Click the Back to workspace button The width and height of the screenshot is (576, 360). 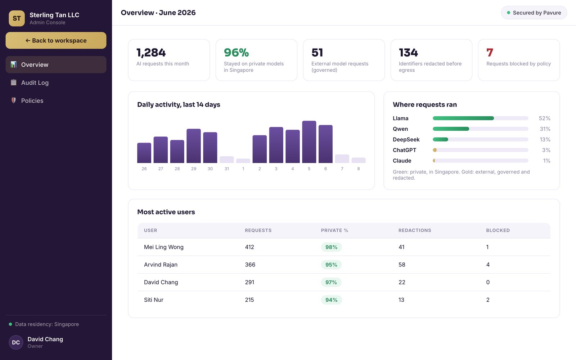click(x=56, y=40)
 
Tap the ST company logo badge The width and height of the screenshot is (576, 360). click(x=17, y=18)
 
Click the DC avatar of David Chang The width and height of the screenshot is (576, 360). click(x=16, y=342)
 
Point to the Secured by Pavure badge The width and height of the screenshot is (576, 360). click(x=534, y=13)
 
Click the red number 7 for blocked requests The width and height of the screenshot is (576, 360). click(x=490, y=53)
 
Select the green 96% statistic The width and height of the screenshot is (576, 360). click(x=236, y=53)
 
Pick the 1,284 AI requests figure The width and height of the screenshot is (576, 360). click(x=151, y=53)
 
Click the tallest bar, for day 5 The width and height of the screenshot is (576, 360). click(x=309, y=142)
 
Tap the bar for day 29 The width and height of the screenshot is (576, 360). click(x=194, y=146)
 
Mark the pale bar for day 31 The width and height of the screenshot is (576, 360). click(x=226, y=159)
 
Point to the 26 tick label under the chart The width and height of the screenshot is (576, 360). click(x=144, y=169)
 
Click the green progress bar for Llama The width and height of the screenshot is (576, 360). click(x=463, y=118)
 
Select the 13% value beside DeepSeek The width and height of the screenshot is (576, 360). click(x=545, y=139)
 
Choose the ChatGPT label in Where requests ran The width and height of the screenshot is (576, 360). click(x=404, y=150)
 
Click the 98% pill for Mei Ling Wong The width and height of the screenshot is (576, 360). click(x=331, y=247)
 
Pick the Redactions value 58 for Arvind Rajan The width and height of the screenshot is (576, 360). click(x=402, y=265)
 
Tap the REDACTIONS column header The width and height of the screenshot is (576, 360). click(x=414, y=230)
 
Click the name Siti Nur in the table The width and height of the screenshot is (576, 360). click(x=153, y=300)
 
